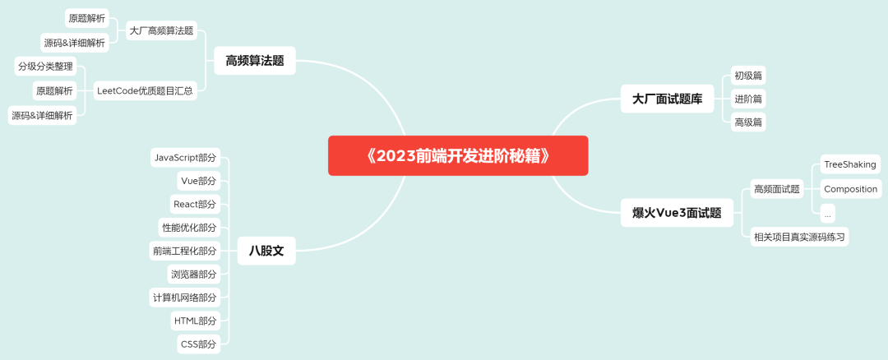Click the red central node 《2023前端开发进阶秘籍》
pos(458,155)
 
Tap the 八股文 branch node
pos(266,251)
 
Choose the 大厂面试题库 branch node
pos(667,99)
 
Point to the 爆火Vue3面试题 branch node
pos(677,213)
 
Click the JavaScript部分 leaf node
pos(186,158)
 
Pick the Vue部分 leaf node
pos(198,181)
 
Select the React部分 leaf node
pos(195,204)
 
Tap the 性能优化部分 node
pos(189,227)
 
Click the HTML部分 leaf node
pos(195,321)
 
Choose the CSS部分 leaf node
pos(198,344)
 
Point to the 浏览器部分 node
pos(194,274)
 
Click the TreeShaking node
pos(850,164)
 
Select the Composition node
pos(850,189)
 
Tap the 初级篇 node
pos(748,76)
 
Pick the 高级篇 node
pos(748,122)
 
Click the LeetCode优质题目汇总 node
pos(145,90)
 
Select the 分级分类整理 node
pos(46,67)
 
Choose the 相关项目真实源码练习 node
pos(799,237)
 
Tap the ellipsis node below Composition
pos(827,214)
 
